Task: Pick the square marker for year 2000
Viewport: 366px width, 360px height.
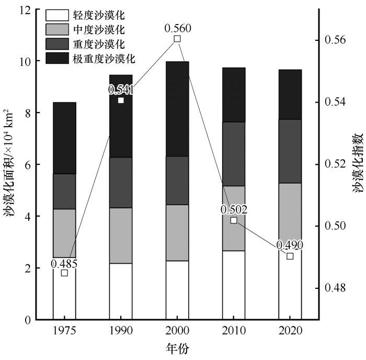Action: pyautogui.click(x=177, y=39)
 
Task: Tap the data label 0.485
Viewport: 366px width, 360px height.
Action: pyautogui.click(x=64, y=264)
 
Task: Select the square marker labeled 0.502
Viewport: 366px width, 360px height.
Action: pyautogui.click(x=234, y=220)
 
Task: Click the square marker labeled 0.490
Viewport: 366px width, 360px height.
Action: pyautogui.click(x=290, y=256)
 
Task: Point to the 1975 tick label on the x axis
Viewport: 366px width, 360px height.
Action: pyautogui.click(x=64, y=331)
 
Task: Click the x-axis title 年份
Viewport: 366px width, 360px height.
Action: pyautogui.click(x=177, y=347)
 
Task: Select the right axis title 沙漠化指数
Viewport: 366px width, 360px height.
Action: pyautogui.click(x=358, y=163)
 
